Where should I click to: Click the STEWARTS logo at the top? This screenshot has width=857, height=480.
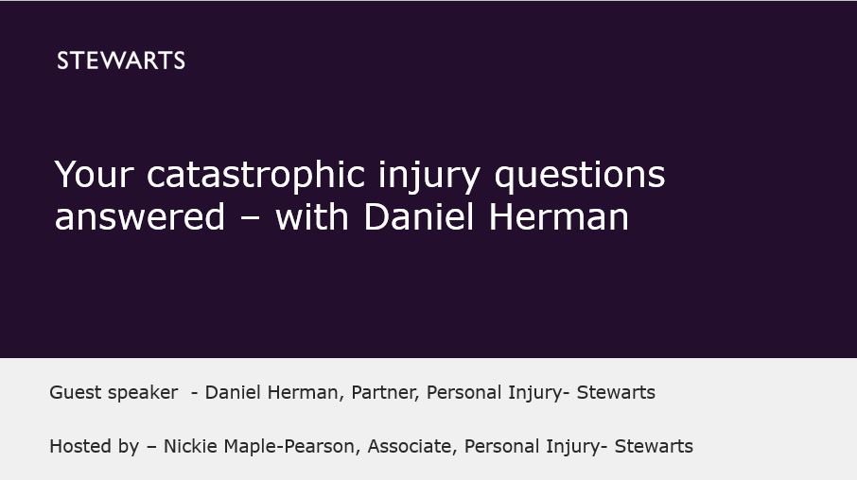point(121,61)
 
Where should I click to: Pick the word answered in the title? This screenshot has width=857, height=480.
point(140,217)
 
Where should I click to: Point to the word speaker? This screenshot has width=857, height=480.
point(144,393)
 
